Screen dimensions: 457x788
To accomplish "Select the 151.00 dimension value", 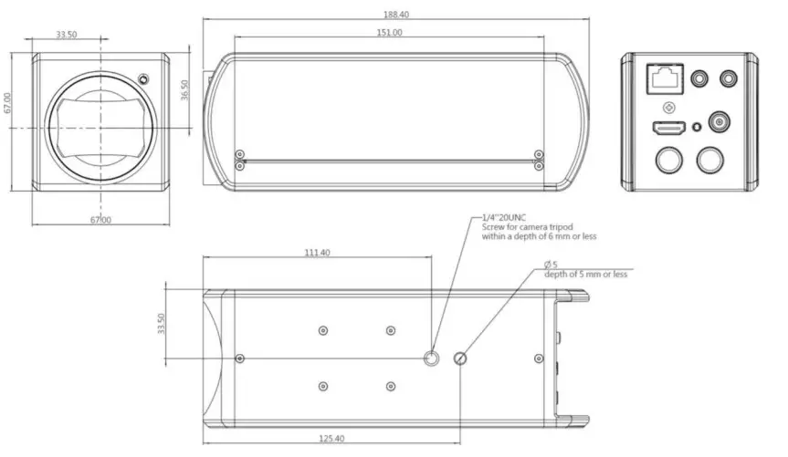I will (x=389, y=32).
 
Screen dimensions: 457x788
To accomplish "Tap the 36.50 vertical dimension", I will (x=184, y=90).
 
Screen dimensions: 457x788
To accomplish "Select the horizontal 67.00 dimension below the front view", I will (x=100, y=220).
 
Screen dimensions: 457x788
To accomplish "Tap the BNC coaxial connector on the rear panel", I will (x=721, y=121).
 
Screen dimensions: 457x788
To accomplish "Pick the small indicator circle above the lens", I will (x=143, y=77).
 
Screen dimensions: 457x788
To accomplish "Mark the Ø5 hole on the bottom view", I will (x=460, y=358).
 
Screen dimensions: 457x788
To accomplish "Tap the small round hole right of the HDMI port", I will (x=697, y=128).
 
